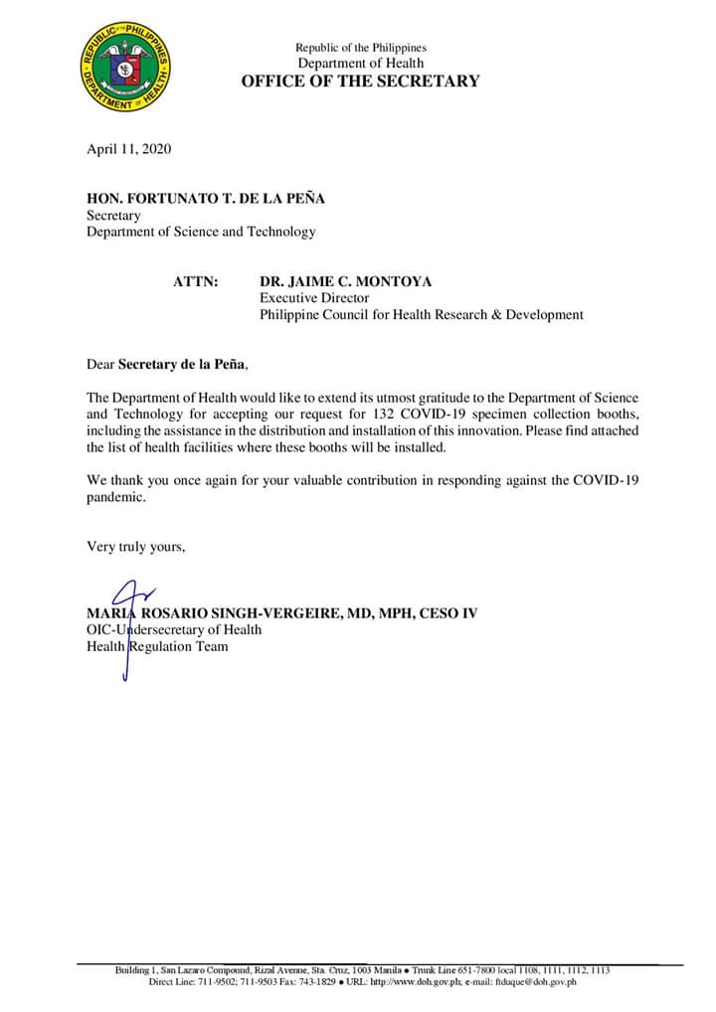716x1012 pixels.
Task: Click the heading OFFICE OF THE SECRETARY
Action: click(x=360, y=81)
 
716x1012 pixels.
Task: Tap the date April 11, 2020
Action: click(x=129, y=149)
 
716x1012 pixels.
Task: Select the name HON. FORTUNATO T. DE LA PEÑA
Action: click(x=205, y=199)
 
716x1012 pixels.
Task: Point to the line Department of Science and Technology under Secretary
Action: click(x=201, y=232)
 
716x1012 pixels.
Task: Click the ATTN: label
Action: click(x=196, y=282)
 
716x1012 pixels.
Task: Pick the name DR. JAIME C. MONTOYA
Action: click(x=346, y=282)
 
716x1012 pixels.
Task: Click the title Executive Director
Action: click(x=314, y=298)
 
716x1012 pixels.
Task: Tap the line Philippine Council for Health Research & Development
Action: click(x=422, y=315)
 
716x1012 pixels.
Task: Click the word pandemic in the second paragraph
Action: click(x=115, y=497)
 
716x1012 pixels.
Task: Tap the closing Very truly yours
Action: click(x=135, y=546)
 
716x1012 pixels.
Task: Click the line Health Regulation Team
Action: click(x=157, y=646)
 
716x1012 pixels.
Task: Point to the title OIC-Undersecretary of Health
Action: click(x=174, y=629)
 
